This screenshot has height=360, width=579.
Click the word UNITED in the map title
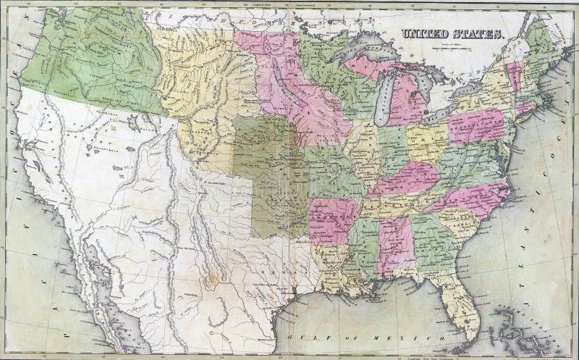[424, 33]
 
